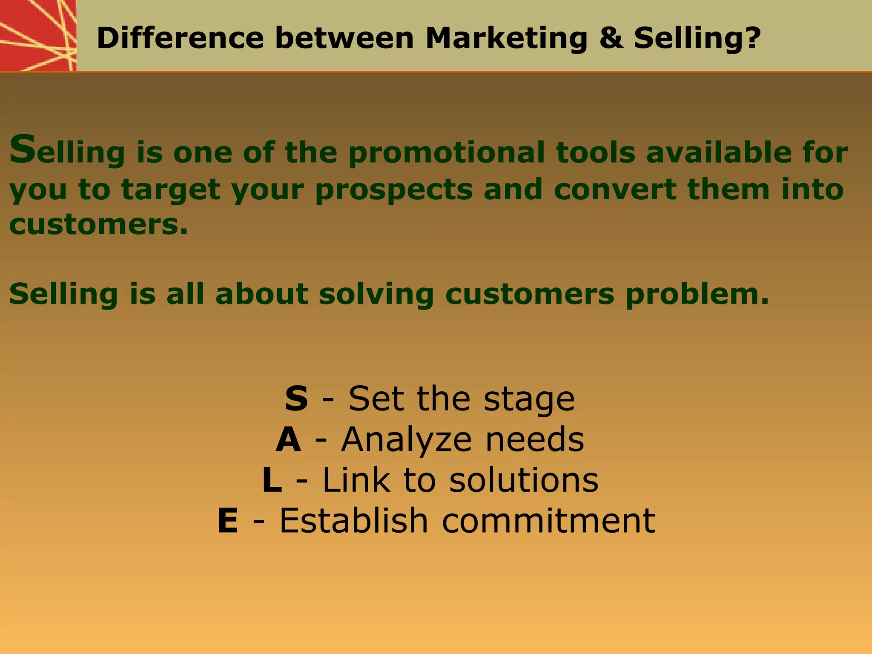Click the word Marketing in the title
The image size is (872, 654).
click(x=506, y=38)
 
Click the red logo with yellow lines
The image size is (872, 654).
click(x=37, y=35)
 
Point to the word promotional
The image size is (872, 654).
click(x=446, y=153)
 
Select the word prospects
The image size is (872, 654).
click(x=394, y=190)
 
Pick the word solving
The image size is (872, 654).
click(x=376, y=295)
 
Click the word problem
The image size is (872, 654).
click(x=697, y=295)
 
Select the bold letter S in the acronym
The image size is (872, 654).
click(x=296, y=399)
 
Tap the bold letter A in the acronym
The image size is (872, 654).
click(x=288, y=440)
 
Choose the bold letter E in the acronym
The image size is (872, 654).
click(x=228, y=521)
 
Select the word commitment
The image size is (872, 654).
click(x=548, y=521)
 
